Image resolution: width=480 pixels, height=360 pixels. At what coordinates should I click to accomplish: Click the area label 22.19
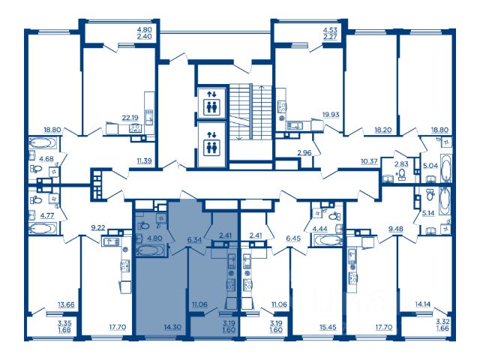[x=130, y=118]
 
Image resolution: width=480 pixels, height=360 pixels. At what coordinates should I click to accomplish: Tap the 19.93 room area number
[x=331, y=115]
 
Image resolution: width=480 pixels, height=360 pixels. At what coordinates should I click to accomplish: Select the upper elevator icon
[x=211, y=103]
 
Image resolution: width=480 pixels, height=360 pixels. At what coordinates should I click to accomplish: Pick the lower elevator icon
[x=211, y=144]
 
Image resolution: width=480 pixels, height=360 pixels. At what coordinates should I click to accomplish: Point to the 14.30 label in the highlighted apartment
[x=172, y=327]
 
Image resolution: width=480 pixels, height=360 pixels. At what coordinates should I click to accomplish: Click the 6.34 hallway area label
[x=194, y=239]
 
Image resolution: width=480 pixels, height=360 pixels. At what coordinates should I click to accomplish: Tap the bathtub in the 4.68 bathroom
[x=41, y=144]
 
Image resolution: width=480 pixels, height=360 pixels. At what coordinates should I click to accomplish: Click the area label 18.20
[x=383, y=130]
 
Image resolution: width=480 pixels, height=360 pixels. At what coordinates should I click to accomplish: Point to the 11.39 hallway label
[x=144, y=160]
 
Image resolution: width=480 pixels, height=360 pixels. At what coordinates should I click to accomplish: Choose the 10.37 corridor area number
[x=369, y=160]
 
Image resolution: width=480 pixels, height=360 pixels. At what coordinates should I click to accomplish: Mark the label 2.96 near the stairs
[x=304, y=152]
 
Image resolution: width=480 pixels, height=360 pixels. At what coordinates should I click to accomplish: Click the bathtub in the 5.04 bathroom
[x=445, y=168]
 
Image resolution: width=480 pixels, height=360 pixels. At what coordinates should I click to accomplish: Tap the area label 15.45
[x=328, y=327]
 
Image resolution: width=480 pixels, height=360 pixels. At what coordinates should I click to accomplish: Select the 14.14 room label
[x=423, y=304]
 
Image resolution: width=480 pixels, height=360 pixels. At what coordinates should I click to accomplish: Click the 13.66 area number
[x=67, y=304]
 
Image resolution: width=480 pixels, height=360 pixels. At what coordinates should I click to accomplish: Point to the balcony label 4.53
[x=330, y=30]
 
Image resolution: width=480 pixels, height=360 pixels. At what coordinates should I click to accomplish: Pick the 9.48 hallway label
[x=396, y=229]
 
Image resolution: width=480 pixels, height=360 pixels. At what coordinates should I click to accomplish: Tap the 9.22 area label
[x=98, y=227]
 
